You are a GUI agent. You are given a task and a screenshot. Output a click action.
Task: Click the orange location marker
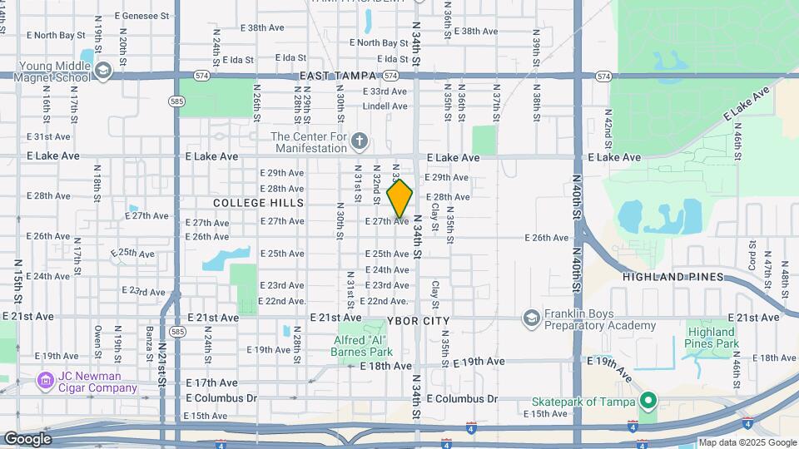pyautogui.click(x=400, y=199)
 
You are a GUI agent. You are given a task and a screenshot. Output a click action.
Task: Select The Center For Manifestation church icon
pyautogui.click(x=359, y=140)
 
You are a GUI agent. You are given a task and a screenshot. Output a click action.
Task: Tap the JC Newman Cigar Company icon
pyautogui.click(x=47, y=382)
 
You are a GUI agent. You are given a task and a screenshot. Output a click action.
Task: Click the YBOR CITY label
pyautogui.click(x=419, y=321)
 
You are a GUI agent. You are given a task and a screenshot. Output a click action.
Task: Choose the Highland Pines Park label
pyautogui.click(x=712, y=338)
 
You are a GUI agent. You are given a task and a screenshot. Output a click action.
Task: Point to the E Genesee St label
pyautogui.click(x=142, y=15)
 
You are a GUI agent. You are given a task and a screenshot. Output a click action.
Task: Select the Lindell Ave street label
pyautogui.click(x=385, y=106)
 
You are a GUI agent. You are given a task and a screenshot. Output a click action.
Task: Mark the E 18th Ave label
pyautogui.click(x=385, y=365)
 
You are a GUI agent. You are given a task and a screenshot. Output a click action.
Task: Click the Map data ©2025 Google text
pyautogui.click(x=747, y=442)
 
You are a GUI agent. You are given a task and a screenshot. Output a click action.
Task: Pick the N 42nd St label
pyautogui.click(x=608, y=129)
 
